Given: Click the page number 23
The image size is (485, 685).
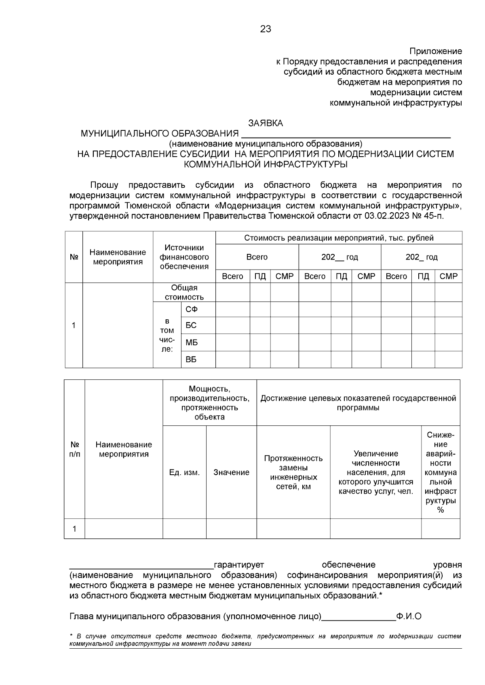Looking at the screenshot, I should (x=266, y=29).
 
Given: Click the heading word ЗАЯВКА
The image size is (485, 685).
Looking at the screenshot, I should (x=266, y=124).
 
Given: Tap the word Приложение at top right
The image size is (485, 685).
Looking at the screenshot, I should (x=436, y=51).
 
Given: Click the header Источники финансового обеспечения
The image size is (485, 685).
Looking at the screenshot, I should (x=184, y=257).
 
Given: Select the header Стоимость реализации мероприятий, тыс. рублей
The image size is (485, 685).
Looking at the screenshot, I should (x=339, y=238).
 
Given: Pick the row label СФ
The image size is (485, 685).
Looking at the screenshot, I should (x=191, y=310).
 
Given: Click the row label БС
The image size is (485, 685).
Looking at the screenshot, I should (x=191, y=325).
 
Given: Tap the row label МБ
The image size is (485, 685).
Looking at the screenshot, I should (x=191, y=343).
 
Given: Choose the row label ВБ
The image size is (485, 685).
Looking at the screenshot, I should (x=191, y=360).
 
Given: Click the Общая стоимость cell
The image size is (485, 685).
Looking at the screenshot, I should (x=184, y=292).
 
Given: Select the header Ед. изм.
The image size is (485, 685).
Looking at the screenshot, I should (x=184, y=472).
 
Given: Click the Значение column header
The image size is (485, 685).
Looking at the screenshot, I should (x=231, y=472).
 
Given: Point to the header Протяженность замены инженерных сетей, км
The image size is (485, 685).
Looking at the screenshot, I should (x=293, y=472).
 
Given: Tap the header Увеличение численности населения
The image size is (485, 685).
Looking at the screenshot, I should (x=376, y=472).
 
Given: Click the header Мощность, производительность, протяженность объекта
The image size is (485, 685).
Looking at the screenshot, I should (x=209, y=403).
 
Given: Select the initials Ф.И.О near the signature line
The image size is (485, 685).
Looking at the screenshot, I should (x=409, y=616).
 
